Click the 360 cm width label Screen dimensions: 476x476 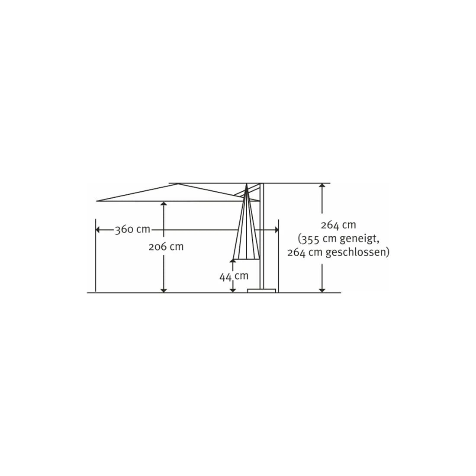(x=132, y=229)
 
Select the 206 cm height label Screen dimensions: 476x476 (x=166, y=247)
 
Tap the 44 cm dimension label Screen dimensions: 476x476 (x=234, y=276)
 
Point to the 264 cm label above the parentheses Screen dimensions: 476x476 (x=338, y=225)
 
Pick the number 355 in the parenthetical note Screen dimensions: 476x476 (x=310, y=239)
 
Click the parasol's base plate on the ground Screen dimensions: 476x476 (x=262, y=290)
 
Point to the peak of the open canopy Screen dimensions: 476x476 (x=178, y=184)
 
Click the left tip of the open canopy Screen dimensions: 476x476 (x=97, y=201)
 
